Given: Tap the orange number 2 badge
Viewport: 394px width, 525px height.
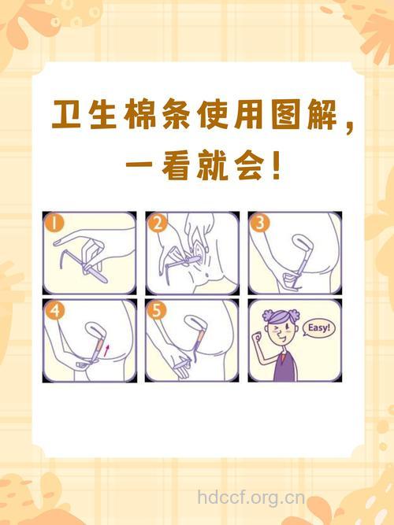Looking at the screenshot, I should pyautogui.click(x=158, y=223).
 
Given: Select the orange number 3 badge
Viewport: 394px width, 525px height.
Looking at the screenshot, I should pyautogui.click(x=260, y=223).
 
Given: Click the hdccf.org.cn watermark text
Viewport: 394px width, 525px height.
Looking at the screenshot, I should pyautogui.click(x=251, y=497).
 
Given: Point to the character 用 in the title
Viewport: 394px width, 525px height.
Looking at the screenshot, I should pyautogui.click(x=230, y=116).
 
